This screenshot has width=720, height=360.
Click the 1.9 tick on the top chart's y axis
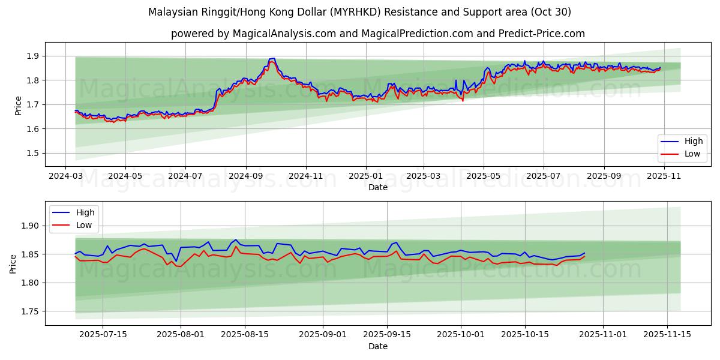32,56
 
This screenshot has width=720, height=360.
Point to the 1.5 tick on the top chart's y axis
32,153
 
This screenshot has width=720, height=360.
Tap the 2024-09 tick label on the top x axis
245,177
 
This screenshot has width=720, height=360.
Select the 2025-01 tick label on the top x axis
365,177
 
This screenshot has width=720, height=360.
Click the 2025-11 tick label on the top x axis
664,177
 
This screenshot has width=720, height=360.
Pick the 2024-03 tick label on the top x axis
67,177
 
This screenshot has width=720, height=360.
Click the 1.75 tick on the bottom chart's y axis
29,311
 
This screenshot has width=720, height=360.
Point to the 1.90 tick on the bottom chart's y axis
29,226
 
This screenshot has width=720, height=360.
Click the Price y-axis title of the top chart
19,105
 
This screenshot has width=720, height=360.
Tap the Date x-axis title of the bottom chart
377,346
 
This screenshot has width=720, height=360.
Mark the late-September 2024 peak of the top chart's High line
273,58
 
